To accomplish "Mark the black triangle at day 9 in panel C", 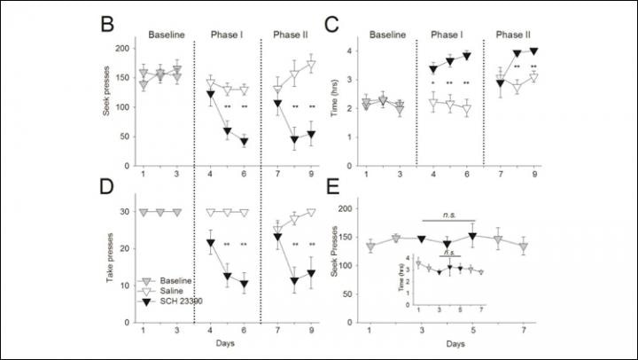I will [533, 51].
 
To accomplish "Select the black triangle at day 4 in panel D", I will [211, 243].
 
